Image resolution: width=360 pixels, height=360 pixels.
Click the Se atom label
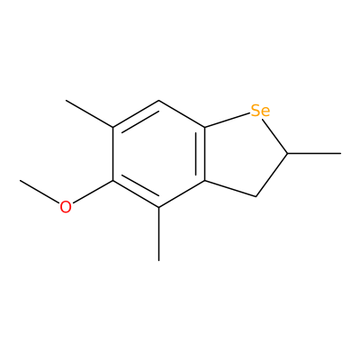pos(260,111)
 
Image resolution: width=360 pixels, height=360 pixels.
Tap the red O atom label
pos(66,207)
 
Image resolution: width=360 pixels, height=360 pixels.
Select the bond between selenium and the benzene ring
pos(228,121)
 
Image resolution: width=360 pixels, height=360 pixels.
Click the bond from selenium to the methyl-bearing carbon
pos(274,136)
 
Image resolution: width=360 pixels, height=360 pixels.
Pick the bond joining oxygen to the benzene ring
pos(93,192)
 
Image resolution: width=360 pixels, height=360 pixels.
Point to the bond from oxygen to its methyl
pos(40,192)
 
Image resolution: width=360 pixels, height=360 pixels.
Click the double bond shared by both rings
pos(202,154)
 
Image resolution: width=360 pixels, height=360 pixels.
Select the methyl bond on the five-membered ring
pos(314,154)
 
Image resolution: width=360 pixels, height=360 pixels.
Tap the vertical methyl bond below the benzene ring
pos(159,234)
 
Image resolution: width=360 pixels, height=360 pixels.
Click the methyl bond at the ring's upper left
pos(89,114)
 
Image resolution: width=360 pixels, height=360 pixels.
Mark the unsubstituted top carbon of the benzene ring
pos(159,101)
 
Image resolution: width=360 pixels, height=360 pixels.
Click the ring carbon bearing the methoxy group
pos(112,181)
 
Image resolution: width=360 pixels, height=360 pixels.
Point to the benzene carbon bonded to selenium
pos(205,128)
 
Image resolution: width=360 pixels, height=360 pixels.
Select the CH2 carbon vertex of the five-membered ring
pos(256,196)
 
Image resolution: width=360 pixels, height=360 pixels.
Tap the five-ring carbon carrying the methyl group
pos(288,154)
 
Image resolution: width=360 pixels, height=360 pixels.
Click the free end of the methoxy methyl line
pos(20,180)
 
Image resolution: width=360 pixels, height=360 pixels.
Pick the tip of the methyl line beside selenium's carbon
pos(341,154)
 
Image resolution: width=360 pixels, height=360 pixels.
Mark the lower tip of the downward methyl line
pos(159,260)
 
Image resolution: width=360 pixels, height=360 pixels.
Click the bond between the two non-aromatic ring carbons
pos(272,175)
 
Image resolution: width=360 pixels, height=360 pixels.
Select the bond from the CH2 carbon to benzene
pos(230,189)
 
